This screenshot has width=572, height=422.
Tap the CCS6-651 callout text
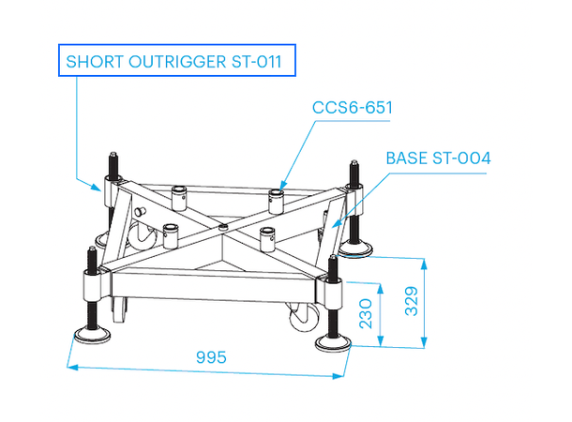click(352, 108)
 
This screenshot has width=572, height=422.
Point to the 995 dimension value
click(211, 357)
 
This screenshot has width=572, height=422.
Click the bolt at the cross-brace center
click(222, 226)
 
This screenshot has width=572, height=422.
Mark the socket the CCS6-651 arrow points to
click(277, 196)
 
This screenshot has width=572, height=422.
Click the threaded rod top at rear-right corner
click(354, 164)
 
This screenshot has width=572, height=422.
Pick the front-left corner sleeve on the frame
click(92, 280)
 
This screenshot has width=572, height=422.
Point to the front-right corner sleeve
click(334, 288)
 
